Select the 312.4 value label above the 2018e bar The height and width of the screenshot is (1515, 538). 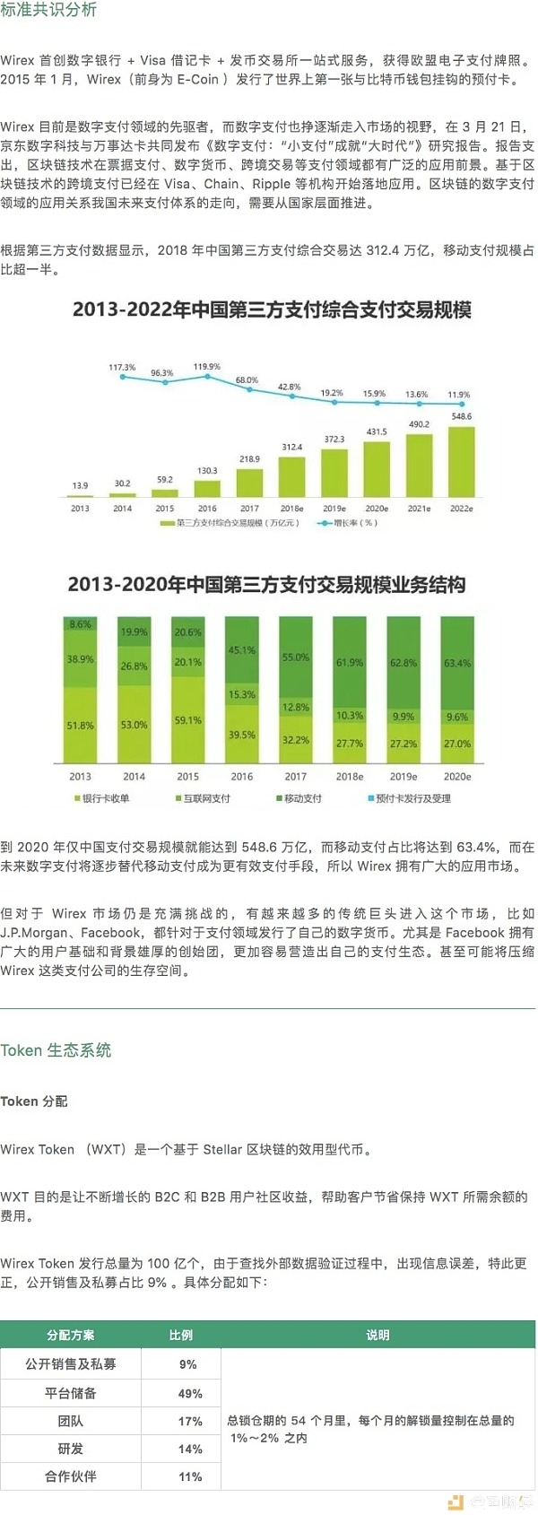coord(292,447)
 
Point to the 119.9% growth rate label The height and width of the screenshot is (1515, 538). coord(207,367)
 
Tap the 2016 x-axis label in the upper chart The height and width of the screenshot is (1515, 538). coord(207,509)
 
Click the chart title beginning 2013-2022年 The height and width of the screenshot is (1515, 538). coord(272,310)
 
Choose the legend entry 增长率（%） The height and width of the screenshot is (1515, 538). coord(350,523)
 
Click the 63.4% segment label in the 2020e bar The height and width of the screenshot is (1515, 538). coord(457,664)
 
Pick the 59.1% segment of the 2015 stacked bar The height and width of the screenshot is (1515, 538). coord(187,720)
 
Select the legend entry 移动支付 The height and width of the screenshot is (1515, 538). coord(301,798)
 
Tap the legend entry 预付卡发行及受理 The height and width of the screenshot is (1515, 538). coord(412,798)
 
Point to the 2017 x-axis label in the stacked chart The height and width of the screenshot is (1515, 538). coord(295,777)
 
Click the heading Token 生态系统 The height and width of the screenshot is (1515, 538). coord(56,1050)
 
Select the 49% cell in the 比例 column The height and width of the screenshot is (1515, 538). coord(190,1393)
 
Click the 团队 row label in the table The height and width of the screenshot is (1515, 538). coord(71,1421)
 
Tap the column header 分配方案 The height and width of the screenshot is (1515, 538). coord(71,1335)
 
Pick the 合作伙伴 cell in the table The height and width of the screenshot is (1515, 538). coord(71,1476)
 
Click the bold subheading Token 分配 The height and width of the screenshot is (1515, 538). coord(34,1101)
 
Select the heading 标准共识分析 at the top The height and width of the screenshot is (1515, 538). coord(48,10)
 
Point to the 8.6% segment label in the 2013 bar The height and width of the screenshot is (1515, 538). coord(80,624)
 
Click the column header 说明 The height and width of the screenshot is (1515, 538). coord(377,1335)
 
